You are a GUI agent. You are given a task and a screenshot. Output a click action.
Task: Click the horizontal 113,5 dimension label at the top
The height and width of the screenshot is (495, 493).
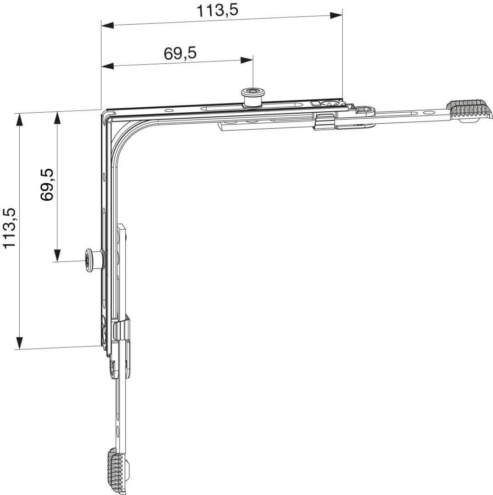click(x=217, y=11)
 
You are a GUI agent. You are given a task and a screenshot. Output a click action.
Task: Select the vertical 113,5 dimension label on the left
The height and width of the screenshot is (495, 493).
click(x=9, y=228)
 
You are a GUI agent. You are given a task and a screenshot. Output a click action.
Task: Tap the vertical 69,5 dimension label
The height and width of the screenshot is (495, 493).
click(x=47, y=185)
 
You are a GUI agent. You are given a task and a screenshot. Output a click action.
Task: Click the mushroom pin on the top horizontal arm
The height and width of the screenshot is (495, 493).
click(x=252, y=98)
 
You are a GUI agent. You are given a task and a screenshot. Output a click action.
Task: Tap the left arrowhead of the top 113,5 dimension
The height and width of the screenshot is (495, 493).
click(x=107, y=25)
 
